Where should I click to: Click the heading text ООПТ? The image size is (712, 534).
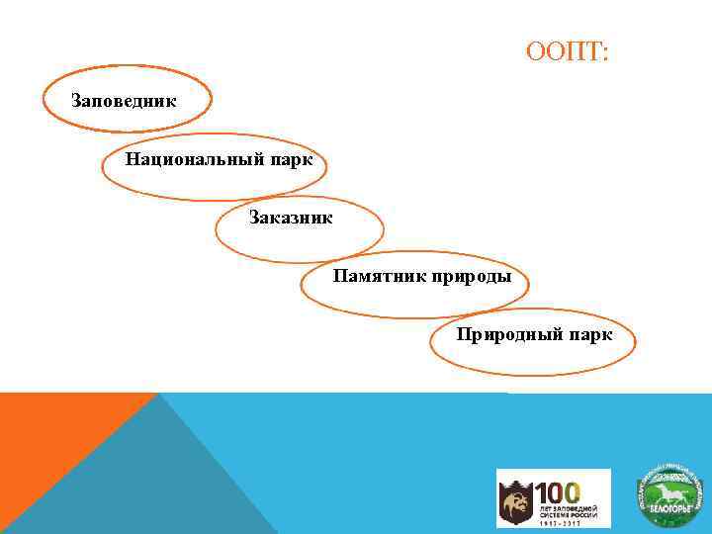coord(569,50)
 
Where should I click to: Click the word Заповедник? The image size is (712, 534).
coord(124,100)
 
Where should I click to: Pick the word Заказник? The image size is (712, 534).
coord(291,217)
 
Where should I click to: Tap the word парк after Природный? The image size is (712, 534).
coord(589,334)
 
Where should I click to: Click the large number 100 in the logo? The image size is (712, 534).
coord(558,491)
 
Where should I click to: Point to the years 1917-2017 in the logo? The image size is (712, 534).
coord(559,521)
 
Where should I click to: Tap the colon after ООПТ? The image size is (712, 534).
coord(605,52)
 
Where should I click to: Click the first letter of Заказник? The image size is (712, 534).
coord(254,217)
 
